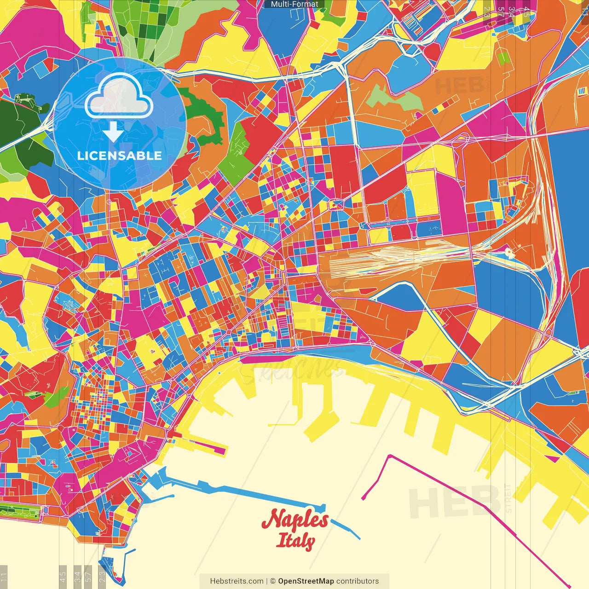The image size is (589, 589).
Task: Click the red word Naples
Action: tap(295, 520)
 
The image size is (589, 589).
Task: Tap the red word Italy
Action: tap(295, 541)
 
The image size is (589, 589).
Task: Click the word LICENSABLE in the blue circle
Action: tap(120, 156)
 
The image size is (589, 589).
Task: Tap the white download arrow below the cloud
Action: tap(112, 132)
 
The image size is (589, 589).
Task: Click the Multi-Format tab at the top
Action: tap(294, 4)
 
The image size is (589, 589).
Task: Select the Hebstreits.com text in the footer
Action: tap(237, 581)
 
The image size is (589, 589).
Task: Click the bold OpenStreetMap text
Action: tap(306, 581)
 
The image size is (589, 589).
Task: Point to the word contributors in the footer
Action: tap(358, 581)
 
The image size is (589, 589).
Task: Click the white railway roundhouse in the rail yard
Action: tap(508, 252)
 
